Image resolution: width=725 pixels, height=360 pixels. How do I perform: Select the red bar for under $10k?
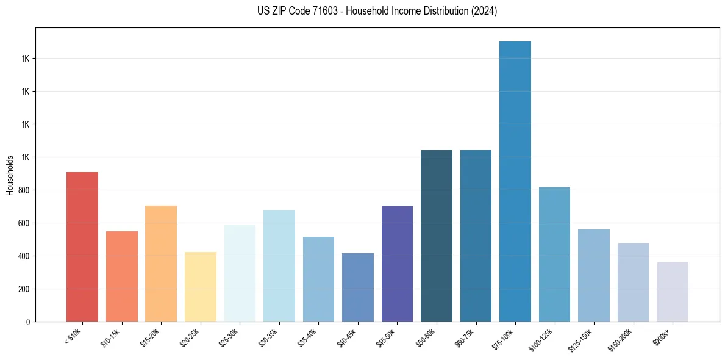[82, 247]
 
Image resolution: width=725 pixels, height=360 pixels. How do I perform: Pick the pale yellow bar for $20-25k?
[201, 287]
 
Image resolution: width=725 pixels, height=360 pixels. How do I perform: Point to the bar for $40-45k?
[358, 287]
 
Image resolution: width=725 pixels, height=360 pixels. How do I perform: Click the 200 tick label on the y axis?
[24, 289]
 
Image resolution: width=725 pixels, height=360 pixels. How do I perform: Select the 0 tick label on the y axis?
[28, 322]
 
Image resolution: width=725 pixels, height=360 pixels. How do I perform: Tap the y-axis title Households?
[10, 175]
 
